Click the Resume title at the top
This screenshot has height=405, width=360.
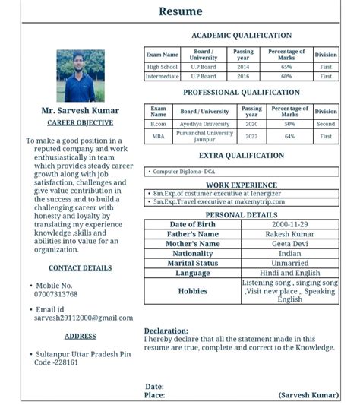(180, 11)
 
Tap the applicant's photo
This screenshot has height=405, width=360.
(81, 76)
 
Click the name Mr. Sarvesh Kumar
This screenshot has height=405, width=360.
(80, 111)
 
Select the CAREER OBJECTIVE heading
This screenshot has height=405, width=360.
(80, 122)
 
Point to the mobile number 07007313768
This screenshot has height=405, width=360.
(55, 294)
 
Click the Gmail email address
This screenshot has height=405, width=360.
(83, 318)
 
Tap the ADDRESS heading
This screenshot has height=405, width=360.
(80, 336)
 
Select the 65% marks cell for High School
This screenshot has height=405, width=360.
(286, 67)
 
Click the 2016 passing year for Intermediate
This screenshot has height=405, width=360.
(242, 76)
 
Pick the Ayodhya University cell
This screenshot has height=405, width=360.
(204, 124)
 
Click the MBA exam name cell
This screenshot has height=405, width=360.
(158, 137)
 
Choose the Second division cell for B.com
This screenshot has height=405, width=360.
(326, 124)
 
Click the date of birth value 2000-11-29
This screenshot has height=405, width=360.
(290, 225)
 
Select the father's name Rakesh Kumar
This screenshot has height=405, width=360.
(290, 234)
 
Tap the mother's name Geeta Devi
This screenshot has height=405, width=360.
(290, 244)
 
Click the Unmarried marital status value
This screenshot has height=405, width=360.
(290, 263)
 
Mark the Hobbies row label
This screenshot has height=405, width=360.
(192, 291)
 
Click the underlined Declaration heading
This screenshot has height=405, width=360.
(166, 331)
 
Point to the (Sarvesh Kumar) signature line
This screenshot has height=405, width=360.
(308, 395)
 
